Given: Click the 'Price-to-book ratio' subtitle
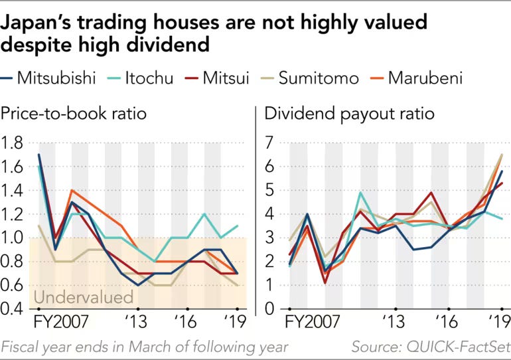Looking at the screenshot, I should (74, 114).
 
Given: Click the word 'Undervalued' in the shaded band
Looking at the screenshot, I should (83, 296).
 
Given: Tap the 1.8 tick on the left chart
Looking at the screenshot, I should (14, 143).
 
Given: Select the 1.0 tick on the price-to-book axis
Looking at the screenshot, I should (14, 238).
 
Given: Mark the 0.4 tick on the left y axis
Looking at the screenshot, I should (14, 309).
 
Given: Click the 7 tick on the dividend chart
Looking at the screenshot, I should (269, 143).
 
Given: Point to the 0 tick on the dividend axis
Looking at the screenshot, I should (269, 309).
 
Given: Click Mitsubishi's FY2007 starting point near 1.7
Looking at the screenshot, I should (39, 155).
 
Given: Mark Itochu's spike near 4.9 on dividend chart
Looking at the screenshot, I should (360, 193).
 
